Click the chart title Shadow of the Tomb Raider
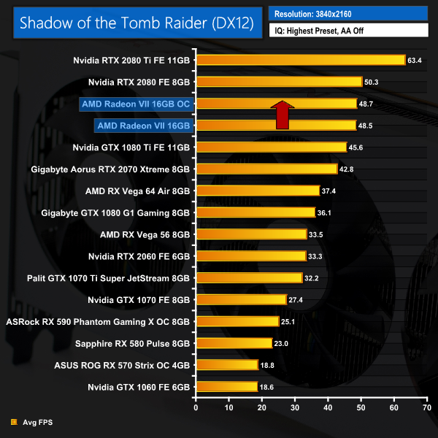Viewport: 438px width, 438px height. point(137,23)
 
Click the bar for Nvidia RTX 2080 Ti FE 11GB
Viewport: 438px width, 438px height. point(300,60)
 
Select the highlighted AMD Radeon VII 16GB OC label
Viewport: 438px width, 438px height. point(136,104)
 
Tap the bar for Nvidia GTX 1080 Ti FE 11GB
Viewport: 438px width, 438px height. point(271,147)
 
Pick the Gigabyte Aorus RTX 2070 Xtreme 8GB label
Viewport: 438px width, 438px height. point(111,169)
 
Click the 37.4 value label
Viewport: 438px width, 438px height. point(331,191)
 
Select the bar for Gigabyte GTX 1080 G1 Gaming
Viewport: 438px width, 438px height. point(255,213)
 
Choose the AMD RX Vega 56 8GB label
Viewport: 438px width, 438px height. point(145,235)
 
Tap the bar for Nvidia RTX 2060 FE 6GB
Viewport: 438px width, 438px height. point(250,256)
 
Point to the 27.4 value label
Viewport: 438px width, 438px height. point(297,300)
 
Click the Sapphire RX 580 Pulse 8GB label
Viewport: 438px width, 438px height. point(132,343)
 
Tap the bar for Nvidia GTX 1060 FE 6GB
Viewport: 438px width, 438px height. point(226,387)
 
